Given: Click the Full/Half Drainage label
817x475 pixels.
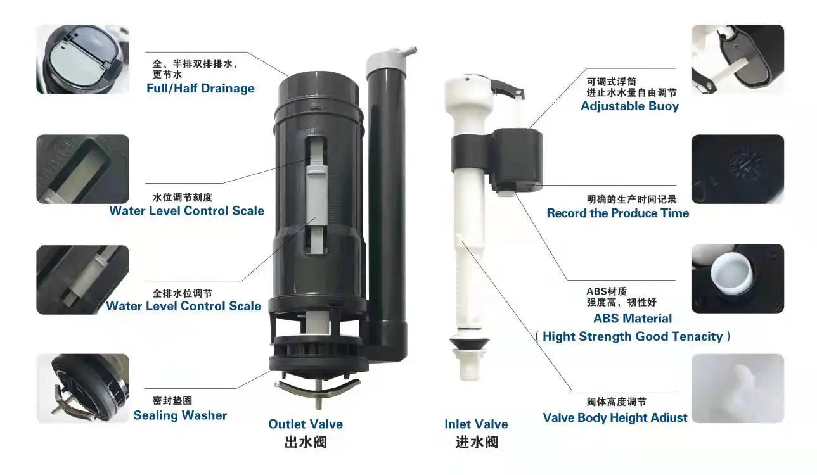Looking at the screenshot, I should tap(200, 89).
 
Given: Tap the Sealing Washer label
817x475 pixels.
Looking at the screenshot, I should tap(180, 415).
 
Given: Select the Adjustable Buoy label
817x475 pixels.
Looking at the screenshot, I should tap(629, 106).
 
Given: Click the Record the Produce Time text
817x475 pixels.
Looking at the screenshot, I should tap(617, 213).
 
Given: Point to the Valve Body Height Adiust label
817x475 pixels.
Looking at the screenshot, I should tap(615, 418).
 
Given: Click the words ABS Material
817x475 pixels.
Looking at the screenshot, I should tap(633, 319).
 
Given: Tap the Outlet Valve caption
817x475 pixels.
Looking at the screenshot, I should tap(306, 424).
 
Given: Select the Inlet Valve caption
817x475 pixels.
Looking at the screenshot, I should tap(476, 424).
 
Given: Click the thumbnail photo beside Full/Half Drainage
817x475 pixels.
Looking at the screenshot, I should tap(82, 60).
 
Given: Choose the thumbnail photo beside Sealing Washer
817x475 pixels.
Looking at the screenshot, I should tap(82, 388).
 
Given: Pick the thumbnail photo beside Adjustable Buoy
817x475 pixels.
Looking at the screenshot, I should tap(737, 60).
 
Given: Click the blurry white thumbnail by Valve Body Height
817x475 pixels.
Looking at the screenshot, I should tap(737, 388).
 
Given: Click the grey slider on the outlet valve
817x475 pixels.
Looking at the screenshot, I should tap(315, 193).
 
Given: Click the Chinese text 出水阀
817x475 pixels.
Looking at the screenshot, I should tap(306, 442).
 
